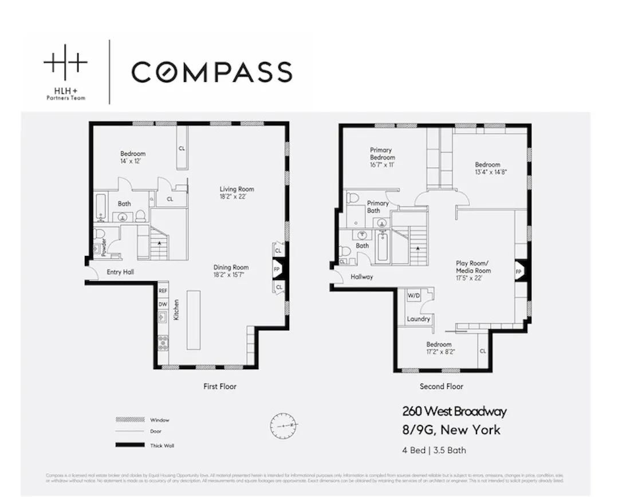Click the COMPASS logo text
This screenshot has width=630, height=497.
(x=211, y=72)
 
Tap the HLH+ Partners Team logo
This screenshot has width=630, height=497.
(x=66, y=72)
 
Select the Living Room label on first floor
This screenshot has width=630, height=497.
(x=237, y=190)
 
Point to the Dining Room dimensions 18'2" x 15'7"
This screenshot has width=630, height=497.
(x=231, y=275)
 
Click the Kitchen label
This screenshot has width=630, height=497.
(x=176, y=310)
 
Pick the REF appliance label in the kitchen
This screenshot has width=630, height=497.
(x=163, y=291)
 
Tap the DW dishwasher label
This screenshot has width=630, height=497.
(x=163, y=304)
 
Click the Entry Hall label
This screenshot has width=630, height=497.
(x=120, y=272)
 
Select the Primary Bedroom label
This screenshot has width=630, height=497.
(x=382, y=153)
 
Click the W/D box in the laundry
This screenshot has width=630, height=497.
(x=414, y=296)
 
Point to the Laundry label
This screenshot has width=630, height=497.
(x=418, y=319)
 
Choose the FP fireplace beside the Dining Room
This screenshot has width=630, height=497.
(x=277, y=268)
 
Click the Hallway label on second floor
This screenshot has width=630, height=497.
(x=361, y=277)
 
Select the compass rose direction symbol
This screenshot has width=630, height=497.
(x=285, y=425)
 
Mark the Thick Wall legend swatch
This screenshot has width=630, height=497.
(x=129, y=445)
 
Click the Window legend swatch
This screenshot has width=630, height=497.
(x=129, y=420)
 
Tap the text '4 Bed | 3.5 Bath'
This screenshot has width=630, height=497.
(x=434, y=450)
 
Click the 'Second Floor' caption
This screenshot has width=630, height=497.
(x=441, y=386)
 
